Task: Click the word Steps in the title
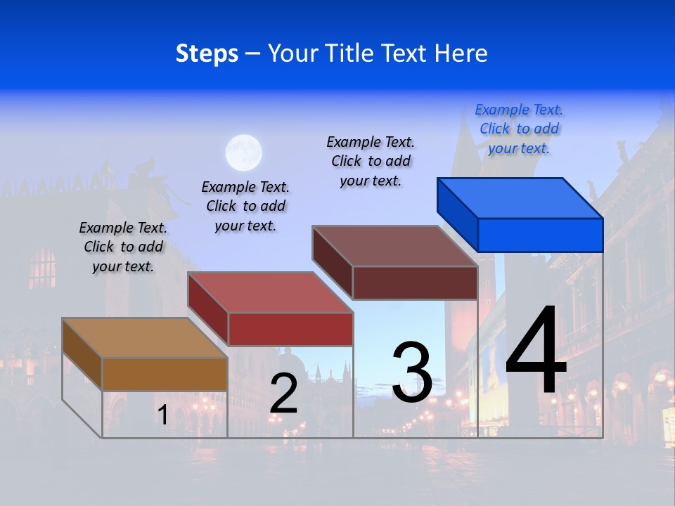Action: coord(207,53)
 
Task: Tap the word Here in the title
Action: coord(461,53)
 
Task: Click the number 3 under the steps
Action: coord(412,372)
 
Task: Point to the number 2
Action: coord(283,394)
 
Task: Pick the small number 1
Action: coord(162,415)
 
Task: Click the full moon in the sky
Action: coord(243,153)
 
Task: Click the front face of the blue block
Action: coord(540,235)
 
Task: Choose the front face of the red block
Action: coord(290,329)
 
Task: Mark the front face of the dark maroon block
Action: coord(415,283)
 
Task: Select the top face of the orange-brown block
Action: coord(145,337)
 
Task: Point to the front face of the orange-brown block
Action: coord(165,374)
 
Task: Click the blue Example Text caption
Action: coord(519,129)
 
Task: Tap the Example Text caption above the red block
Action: coord(245,206)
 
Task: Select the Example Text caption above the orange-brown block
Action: coord(123,247)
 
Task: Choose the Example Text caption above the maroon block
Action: coord(371,161)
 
